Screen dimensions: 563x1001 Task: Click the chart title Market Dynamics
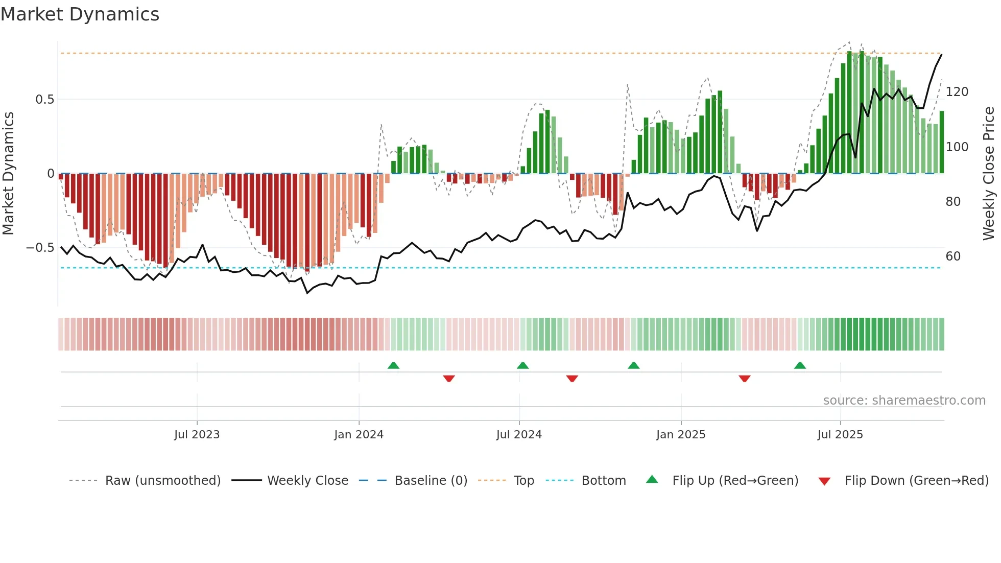(80, 14)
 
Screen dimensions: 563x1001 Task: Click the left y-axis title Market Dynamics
(8, 174)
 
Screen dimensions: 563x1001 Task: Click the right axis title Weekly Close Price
(989, 174)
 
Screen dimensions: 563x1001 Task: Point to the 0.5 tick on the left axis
(44, 100)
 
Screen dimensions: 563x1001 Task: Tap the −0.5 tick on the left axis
(40, 248)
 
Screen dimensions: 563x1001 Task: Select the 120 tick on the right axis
(957, 92)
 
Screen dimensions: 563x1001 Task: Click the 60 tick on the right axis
(953, 256)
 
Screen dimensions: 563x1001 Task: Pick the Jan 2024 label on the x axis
(359, 435)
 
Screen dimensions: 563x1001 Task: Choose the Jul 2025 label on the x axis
(840, 435)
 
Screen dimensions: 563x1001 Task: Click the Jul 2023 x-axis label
(197, 435)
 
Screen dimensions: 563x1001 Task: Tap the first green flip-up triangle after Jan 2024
(393, 366)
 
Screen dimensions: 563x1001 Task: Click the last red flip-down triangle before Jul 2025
(745, 379)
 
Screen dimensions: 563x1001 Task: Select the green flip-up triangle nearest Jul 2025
(800, 366)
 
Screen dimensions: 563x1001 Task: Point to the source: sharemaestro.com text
(904, 401)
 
